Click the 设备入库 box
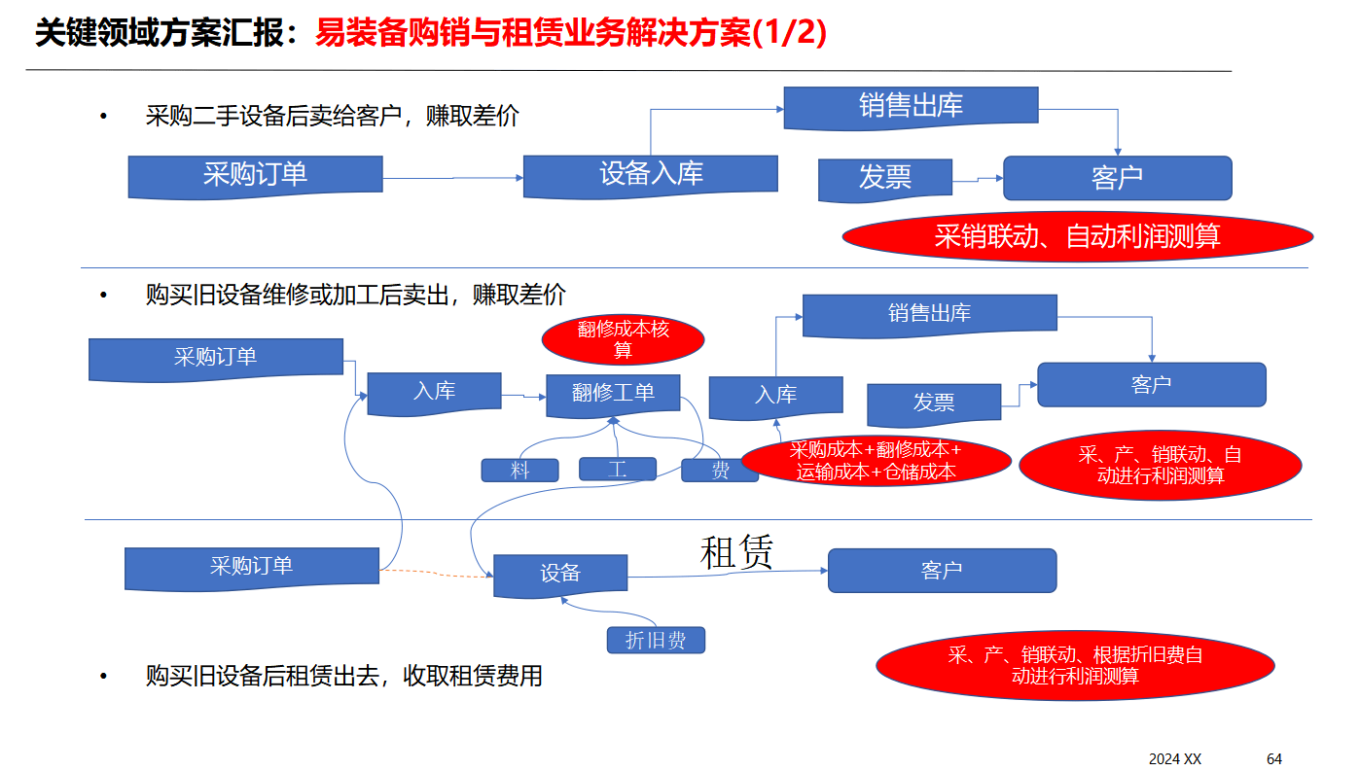point(650,175)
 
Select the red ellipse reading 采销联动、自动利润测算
point(1077,236)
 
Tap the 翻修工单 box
point(613,393)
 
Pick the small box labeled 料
point(519,471)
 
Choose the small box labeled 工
point(618,470)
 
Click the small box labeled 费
point(720,471)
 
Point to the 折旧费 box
point(655,641)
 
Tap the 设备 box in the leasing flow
point(560,574)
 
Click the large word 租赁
point(736,552)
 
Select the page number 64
point(1274,758)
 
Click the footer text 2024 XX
point(1175,758)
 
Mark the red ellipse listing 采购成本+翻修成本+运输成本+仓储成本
point(876,462)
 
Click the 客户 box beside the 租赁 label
point(942,571)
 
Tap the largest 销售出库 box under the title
point(911,106)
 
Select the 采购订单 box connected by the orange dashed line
point(251,567)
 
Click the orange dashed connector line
point(436,574)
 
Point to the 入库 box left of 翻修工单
point(434,392)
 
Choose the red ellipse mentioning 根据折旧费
point(1075,665)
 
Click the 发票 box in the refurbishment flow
point(933,403)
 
